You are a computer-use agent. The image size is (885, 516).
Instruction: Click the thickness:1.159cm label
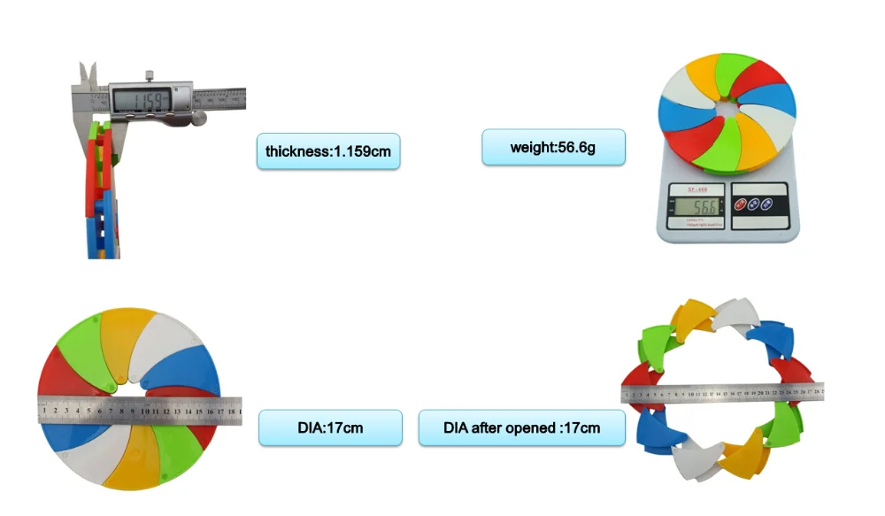(327, 151)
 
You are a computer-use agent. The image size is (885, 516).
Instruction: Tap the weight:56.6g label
(553, 147)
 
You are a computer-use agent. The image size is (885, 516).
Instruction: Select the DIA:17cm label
(330, 427)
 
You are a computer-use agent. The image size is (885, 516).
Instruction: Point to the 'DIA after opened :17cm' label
(521, 427)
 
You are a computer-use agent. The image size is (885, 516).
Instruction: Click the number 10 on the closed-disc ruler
(144, 410)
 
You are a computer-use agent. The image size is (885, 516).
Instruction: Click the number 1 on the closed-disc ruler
(44, 411)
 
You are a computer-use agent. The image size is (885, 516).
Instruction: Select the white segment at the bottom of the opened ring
(690, 460)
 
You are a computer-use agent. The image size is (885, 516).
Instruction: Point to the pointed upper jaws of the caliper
(86, 74)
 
